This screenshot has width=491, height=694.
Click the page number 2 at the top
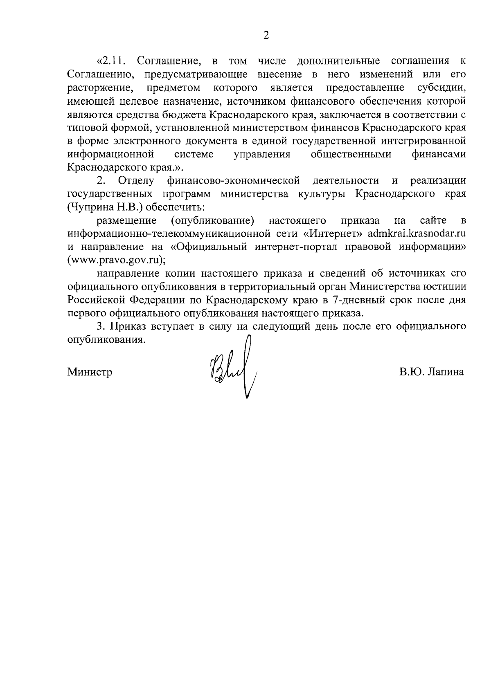tap(266, 36)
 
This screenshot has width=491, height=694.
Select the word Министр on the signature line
tap(90, 373)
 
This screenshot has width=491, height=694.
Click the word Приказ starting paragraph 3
tap(124, 327)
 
